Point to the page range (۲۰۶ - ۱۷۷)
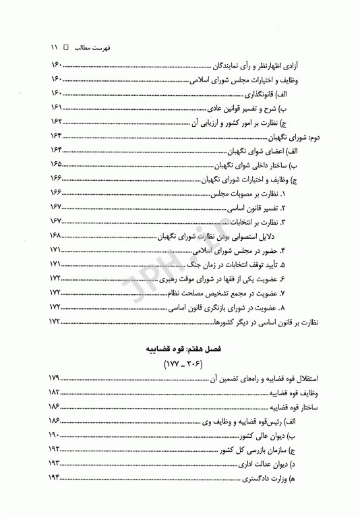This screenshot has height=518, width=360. click(x=181, y=367)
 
